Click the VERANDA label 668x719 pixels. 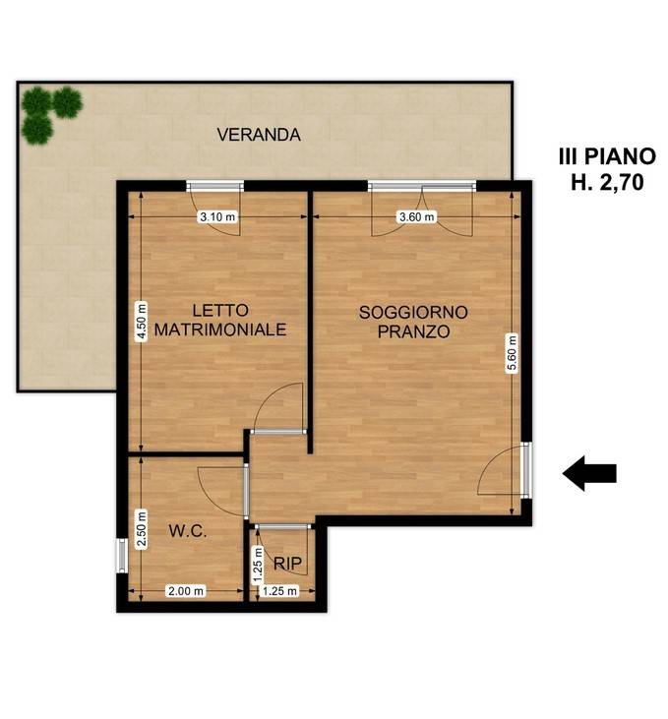259,136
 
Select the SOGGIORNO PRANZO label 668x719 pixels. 413,322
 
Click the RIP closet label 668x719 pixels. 287,564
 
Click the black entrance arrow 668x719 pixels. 589,473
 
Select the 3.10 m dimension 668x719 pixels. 216,217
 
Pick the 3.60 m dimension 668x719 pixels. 414,217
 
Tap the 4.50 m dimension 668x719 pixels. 142,320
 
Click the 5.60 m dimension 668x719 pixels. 511,353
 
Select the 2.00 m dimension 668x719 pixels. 186,591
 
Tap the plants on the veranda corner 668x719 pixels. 49,111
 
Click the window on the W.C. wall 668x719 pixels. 121,555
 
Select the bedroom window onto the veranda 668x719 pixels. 215,185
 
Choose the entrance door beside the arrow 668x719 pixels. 525,468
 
